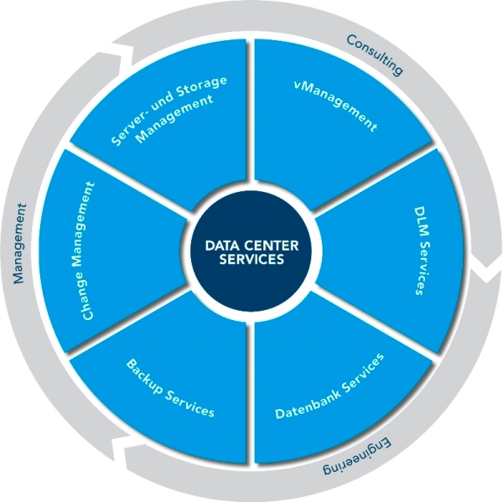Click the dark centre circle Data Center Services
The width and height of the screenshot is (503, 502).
pos(251,251)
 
